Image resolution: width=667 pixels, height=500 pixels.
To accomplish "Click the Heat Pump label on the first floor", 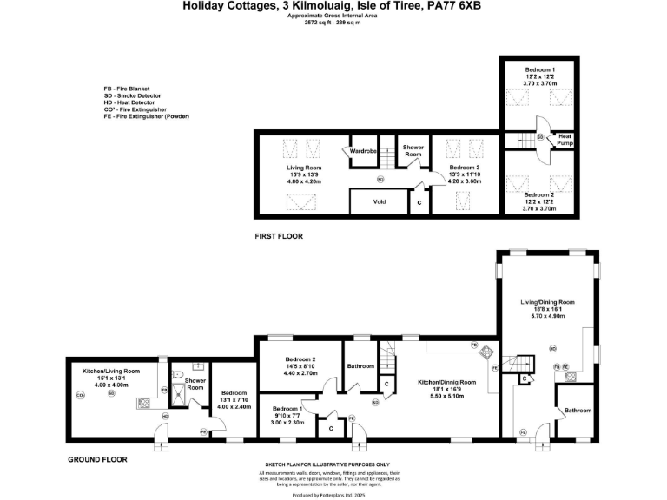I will point(565,139).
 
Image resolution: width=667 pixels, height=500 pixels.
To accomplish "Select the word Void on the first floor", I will point(379,201).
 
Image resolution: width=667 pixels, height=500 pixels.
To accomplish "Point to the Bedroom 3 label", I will point(464,167).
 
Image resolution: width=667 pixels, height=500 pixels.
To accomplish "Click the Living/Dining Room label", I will point(548,302).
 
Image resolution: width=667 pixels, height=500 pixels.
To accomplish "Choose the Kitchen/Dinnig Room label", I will point(448,382).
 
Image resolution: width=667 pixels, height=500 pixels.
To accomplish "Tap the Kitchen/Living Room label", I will point(104,371).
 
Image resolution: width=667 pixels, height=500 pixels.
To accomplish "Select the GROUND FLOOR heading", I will point(97,459).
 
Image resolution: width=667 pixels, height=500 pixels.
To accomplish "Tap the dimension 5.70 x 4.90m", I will point(548,316).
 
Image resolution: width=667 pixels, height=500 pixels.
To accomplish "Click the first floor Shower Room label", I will point(413,151).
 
